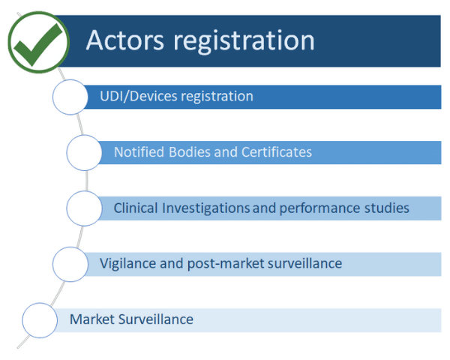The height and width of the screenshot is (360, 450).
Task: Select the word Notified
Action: click(x=138, y=152)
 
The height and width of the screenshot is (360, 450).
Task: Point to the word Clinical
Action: click(x=136, y=208)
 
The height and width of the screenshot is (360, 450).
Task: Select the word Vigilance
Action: click(x=127, y=263)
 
